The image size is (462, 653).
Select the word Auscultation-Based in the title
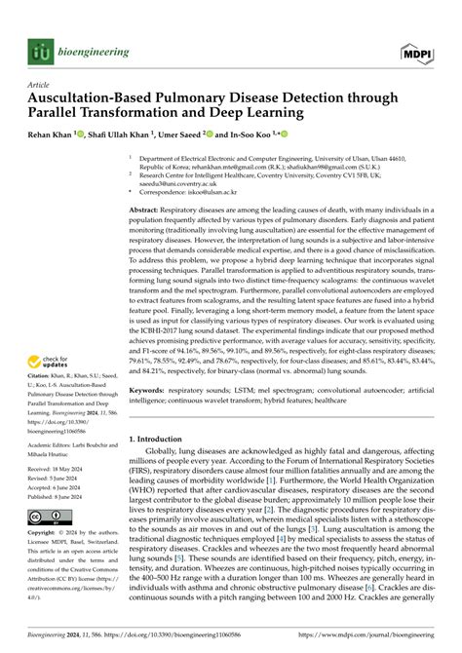coord(93,97)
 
